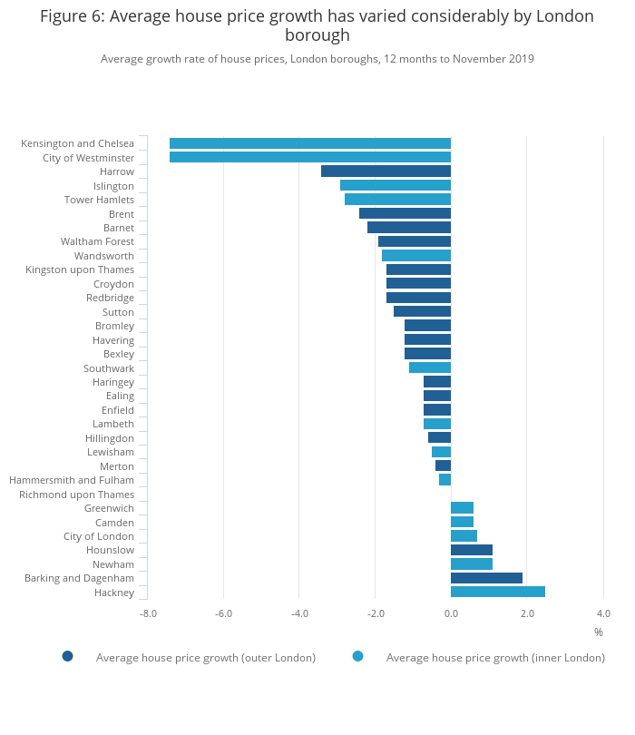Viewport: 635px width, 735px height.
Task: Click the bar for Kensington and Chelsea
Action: point(310,143)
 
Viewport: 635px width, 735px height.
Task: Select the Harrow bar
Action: point(386,171)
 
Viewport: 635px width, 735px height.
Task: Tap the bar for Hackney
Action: point(498,592)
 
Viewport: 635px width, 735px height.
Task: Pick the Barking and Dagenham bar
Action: point(486,578)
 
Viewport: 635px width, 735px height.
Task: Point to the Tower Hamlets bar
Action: point(397,200)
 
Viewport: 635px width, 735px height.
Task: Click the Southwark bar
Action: point(430,367)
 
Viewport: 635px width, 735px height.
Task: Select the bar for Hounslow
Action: point(472,550)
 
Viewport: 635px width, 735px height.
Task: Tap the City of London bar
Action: point(464,536)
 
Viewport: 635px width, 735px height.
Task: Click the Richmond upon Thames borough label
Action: point(76,495)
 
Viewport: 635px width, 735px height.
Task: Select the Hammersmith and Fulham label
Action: point(72,480)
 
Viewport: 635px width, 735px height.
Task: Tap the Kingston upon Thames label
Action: point(80,269)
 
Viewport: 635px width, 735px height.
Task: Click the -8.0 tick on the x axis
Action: point(148,613)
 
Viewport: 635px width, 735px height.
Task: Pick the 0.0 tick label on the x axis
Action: point(451,613)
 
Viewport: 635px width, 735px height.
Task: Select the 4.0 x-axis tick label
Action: point(603,613)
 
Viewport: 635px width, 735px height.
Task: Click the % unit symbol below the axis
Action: point(599,632)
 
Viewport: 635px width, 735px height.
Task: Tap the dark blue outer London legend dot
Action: point(67,656)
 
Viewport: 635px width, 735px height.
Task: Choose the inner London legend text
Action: point(495,657)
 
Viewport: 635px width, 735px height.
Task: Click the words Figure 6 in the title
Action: point(73,16)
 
